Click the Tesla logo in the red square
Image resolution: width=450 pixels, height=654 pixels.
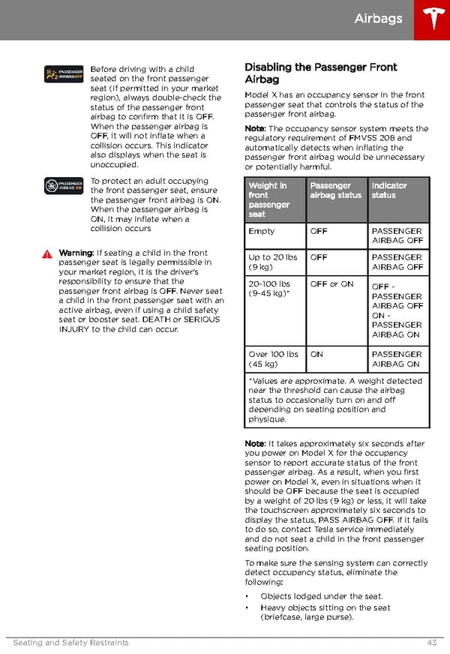pyautogui.click(x=431, y=19)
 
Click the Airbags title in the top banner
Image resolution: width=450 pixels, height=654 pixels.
pyautogui.click(x=378, y=19)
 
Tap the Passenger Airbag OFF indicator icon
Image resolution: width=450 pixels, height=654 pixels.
pyautogui.click(x=63, y=73)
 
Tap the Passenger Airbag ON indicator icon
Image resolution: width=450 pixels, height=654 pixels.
pyautogui.click(x=63, y=185)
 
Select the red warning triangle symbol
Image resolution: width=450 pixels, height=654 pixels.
pyautogui.click(x=49, y=254)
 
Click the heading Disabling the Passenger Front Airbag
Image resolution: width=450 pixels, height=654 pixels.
pyautogui.click(x=320, y=73)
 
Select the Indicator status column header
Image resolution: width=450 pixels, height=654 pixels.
pyautogui.click(x=389, y=190)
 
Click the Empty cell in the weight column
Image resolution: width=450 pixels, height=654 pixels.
pyautogui.click(x=262, y=232)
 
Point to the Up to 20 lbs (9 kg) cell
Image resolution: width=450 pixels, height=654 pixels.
pyautogui.click(x=273, y=262)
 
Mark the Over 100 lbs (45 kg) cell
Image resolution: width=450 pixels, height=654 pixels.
pyautogui.click(x=273, y=359)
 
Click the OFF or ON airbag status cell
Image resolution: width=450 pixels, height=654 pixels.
pyautogui.click(x=331, y=284)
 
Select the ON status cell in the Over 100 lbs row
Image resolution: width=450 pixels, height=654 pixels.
pyautogui.click(x=316, y=354)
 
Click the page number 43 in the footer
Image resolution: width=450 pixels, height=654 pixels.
pyautogui.click(x=430, y=643)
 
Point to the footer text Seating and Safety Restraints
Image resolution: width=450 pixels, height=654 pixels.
pyautogui.click(x=70, y=643)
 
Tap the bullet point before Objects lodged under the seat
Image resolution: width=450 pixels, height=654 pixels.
pyautogui.click(x=248, y=597)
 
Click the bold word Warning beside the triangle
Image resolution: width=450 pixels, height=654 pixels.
pyautogui.click(x=76, y=253)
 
